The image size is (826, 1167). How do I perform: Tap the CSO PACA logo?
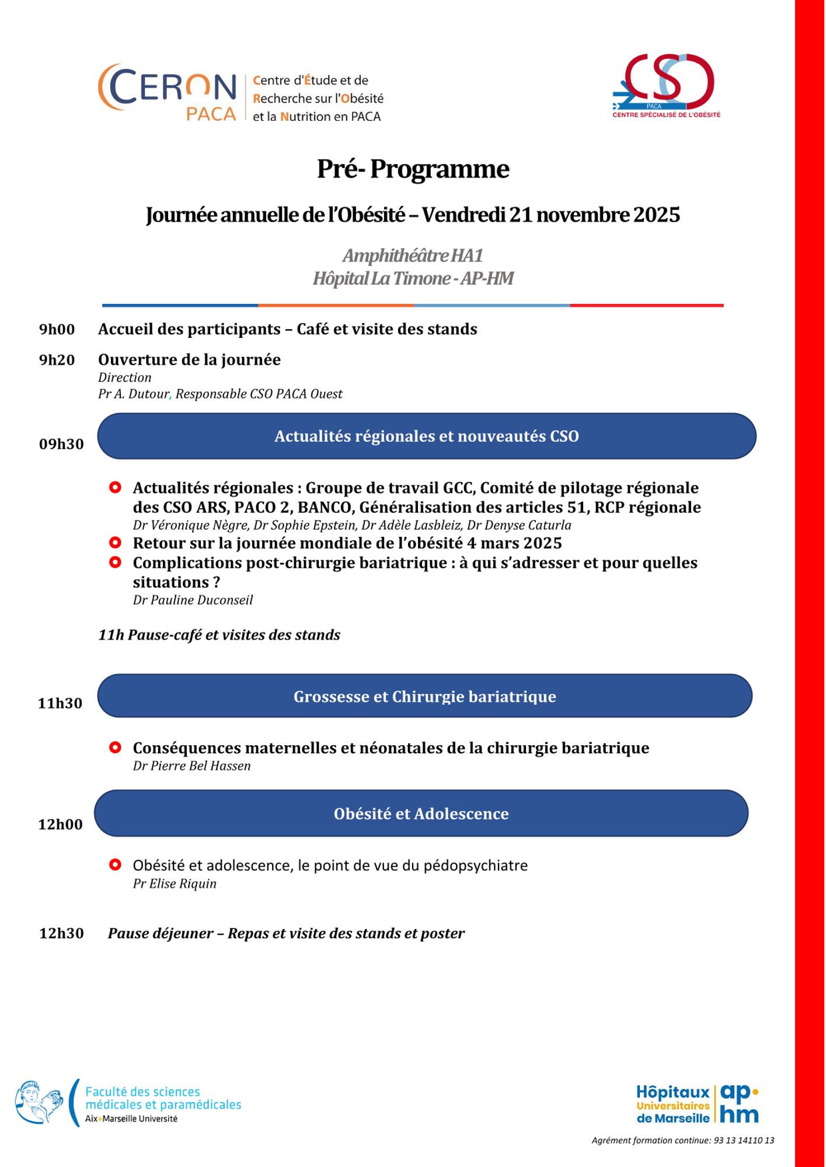pos(666,85)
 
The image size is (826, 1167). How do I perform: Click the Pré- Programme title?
pos(413,169)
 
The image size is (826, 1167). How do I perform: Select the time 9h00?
pos(57,330)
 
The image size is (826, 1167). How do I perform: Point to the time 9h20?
pos(57,360)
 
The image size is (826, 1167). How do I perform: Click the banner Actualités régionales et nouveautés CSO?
pos(426,436)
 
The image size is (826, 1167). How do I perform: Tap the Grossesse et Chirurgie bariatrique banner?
pos(424,696)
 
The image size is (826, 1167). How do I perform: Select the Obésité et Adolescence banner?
pos(421,813)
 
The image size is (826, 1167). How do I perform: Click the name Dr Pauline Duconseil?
pos(193,600)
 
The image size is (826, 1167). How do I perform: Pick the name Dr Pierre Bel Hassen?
pos(191,766)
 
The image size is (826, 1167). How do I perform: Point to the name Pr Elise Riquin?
pos(175,883)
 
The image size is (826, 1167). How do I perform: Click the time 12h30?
pos(61,933)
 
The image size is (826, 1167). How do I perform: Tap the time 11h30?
pos(60,703)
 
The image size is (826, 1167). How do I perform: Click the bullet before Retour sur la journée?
pos(116,543)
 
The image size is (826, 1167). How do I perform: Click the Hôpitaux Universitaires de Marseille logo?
pos(697,1104)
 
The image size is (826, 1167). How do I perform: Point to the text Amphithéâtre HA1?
pos(413,256)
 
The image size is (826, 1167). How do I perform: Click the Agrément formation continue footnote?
pos(682,1140)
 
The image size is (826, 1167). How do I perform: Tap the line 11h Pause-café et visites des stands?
pos(219,635)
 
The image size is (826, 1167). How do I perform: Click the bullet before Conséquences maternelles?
pos(116,747)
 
